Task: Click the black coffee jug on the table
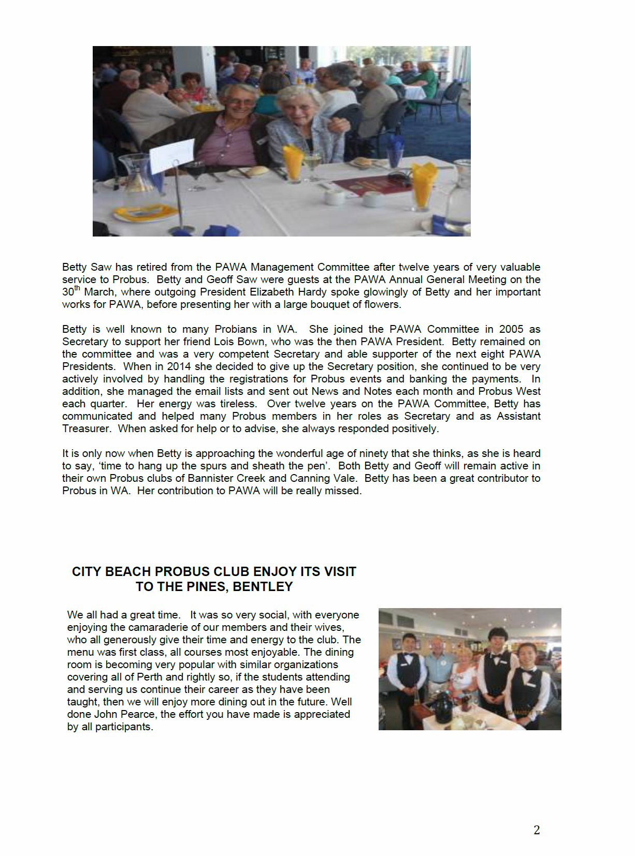[443, 707]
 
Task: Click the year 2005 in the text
[511, 329]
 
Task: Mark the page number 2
[537, 830]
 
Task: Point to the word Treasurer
[86, 429]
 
